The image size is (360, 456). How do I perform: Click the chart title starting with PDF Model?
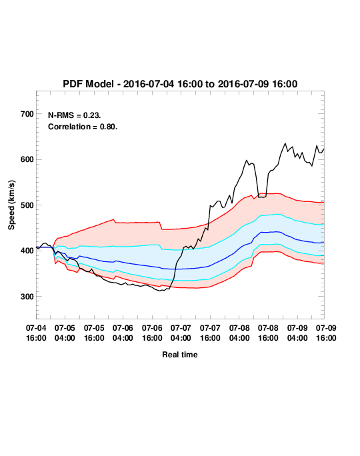[180, 84]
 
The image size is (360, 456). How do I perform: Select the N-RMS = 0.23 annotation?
[75, 115]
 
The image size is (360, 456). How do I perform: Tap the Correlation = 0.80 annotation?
[83, 127]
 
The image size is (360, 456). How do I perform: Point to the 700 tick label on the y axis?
[27, 114]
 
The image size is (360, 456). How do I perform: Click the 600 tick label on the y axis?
[27, 159]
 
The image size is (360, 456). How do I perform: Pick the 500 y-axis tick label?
[27, 205]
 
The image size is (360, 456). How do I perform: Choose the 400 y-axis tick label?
[27, 251]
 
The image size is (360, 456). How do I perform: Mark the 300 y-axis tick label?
[27, 297]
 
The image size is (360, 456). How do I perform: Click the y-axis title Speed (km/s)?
[11, 205]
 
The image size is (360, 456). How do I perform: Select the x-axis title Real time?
[180, 355]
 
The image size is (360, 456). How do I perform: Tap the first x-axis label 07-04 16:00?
[36, 333]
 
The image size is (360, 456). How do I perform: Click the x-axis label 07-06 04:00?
[123, 333]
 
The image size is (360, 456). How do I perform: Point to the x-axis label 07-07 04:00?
[181, 333]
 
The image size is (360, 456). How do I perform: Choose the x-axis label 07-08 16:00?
[268, 333]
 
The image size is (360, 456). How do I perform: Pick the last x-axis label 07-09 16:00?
[326, 333]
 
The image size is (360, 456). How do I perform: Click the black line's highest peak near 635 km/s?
[285, 143]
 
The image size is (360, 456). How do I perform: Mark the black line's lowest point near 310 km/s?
[159, 291]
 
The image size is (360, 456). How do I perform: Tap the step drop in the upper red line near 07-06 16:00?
[161, 226]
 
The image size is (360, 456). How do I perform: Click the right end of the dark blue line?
[324, 243]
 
